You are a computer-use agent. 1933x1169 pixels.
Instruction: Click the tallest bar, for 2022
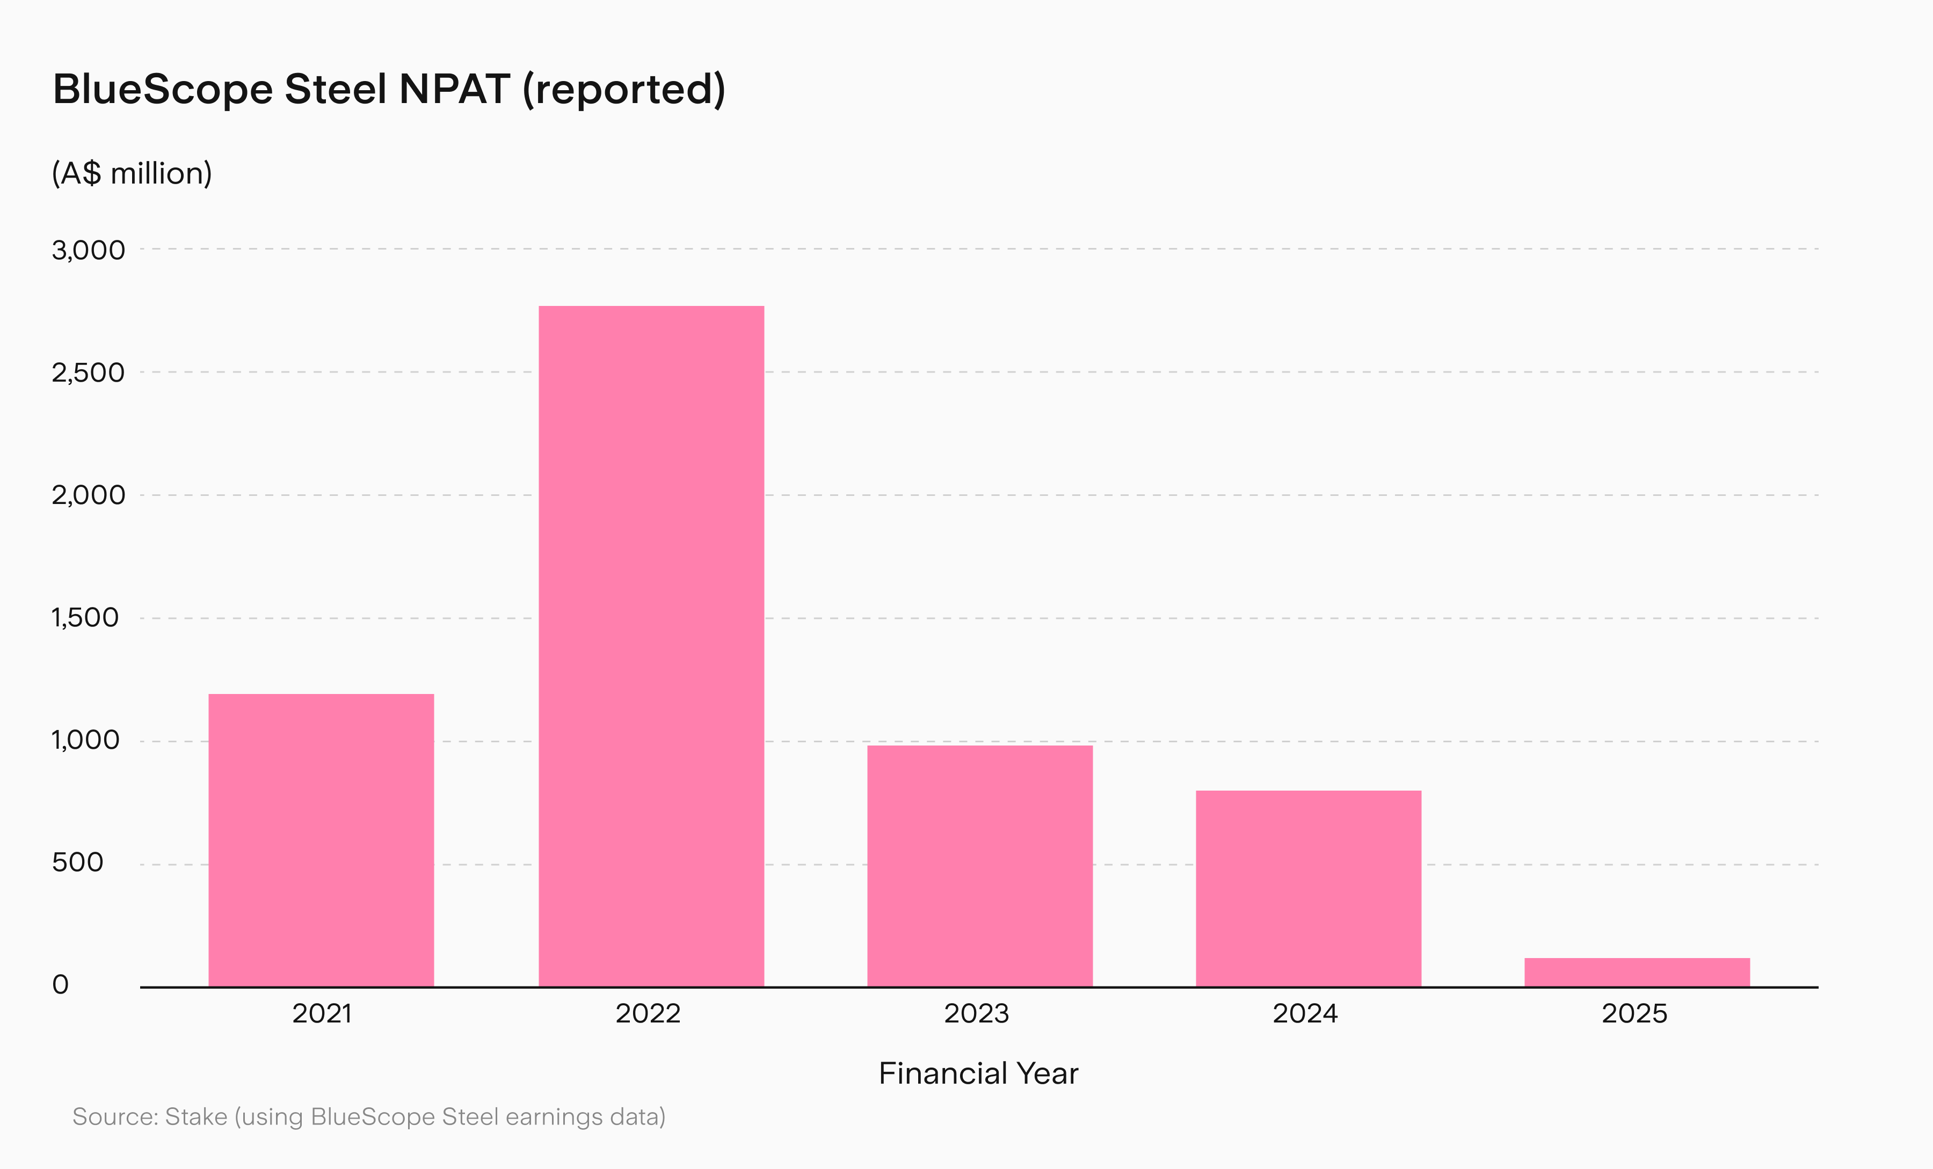[651, 646]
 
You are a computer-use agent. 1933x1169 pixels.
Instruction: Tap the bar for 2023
[980, 866]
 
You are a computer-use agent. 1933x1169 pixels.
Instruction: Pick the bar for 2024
[1309, 888]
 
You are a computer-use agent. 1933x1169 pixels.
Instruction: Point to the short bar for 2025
[1637, 972]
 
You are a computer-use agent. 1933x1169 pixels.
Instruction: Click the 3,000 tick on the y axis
[89, 250]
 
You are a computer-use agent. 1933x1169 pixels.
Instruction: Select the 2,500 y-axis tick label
[89, 372]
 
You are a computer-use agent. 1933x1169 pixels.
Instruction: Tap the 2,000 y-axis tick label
[89, 495]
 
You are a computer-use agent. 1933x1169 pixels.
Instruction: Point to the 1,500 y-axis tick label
[85, 618]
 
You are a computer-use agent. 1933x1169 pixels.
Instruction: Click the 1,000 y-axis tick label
[85, 740]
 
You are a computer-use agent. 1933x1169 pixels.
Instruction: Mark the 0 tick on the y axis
[60, 985]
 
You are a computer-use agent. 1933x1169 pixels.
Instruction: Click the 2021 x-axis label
[322, 1014]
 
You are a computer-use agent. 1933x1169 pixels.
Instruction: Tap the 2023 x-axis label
[977, 1014]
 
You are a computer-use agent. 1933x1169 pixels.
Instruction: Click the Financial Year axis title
[978, 1073]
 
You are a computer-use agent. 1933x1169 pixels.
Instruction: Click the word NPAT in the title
[455, 89]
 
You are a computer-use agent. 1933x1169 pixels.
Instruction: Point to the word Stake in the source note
[196, 1116]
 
